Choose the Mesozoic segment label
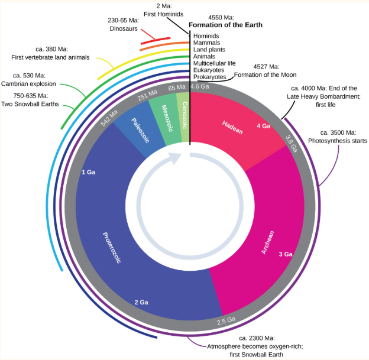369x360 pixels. point(160,112)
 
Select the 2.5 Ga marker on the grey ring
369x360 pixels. point(226,321)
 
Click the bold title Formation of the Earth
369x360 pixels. point(225,25)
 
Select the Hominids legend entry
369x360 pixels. point(206,36)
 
